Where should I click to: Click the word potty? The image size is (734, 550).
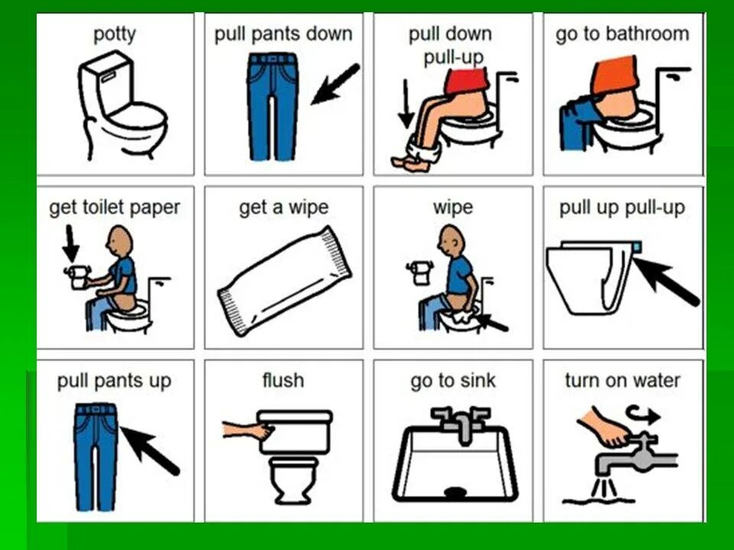click(x=115, y=34)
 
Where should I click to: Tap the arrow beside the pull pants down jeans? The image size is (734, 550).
click(x=336, y=84)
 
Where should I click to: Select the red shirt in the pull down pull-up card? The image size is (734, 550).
click(x=466, y=80)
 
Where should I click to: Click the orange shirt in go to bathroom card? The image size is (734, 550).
click(x=615, y=74)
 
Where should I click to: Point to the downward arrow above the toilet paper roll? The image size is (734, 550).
click(x=70, y=243)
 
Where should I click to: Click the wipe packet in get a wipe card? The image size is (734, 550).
click(x=284, y=280)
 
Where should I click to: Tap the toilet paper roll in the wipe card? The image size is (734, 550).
click(x=421, y=273)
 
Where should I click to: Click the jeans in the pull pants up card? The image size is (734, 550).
click(x=96, y=457)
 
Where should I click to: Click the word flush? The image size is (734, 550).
click(x=283, y=380)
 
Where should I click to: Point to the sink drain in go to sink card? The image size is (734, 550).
click(x=455, y=491)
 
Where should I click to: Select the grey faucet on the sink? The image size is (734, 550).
click(x=461, y=424)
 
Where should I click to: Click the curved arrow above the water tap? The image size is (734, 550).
click(x=644, y=414)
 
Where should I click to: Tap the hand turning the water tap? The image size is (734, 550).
click(x=604, y=427)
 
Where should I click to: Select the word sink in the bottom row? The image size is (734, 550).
click(x=477, y=380)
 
